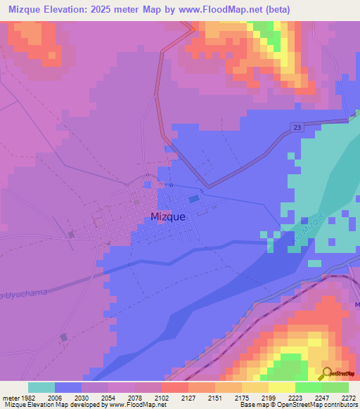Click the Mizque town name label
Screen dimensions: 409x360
pos(168,217)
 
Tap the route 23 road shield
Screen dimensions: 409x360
pos(297,125)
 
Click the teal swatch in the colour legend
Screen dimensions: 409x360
pos(41,387)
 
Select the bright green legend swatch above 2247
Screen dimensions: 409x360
pos(309,387)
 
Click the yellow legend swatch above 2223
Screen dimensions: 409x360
pos(282,387)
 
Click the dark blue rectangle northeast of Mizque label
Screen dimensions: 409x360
pos(193,199)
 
